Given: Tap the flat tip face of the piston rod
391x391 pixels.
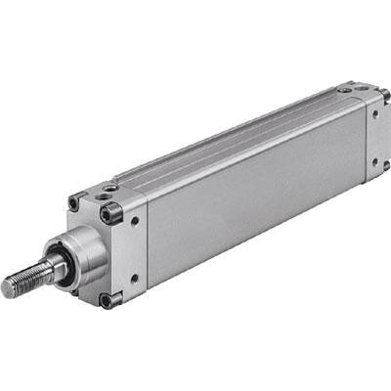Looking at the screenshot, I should tap(8, 288).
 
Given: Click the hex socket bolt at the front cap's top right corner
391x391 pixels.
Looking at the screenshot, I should tap(110, 213).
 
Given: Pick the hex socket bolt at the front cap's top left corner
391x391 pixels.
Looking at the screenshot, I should tap(75, 203).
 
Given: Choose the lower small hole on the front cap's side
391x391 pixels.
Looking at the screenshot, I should tap(135, 278).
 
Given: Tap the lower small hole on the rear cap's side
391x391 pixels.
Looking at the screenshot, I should tap(374, 160).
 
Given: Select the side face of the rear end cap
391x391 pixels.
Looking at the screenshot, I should tap(376, 137).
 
